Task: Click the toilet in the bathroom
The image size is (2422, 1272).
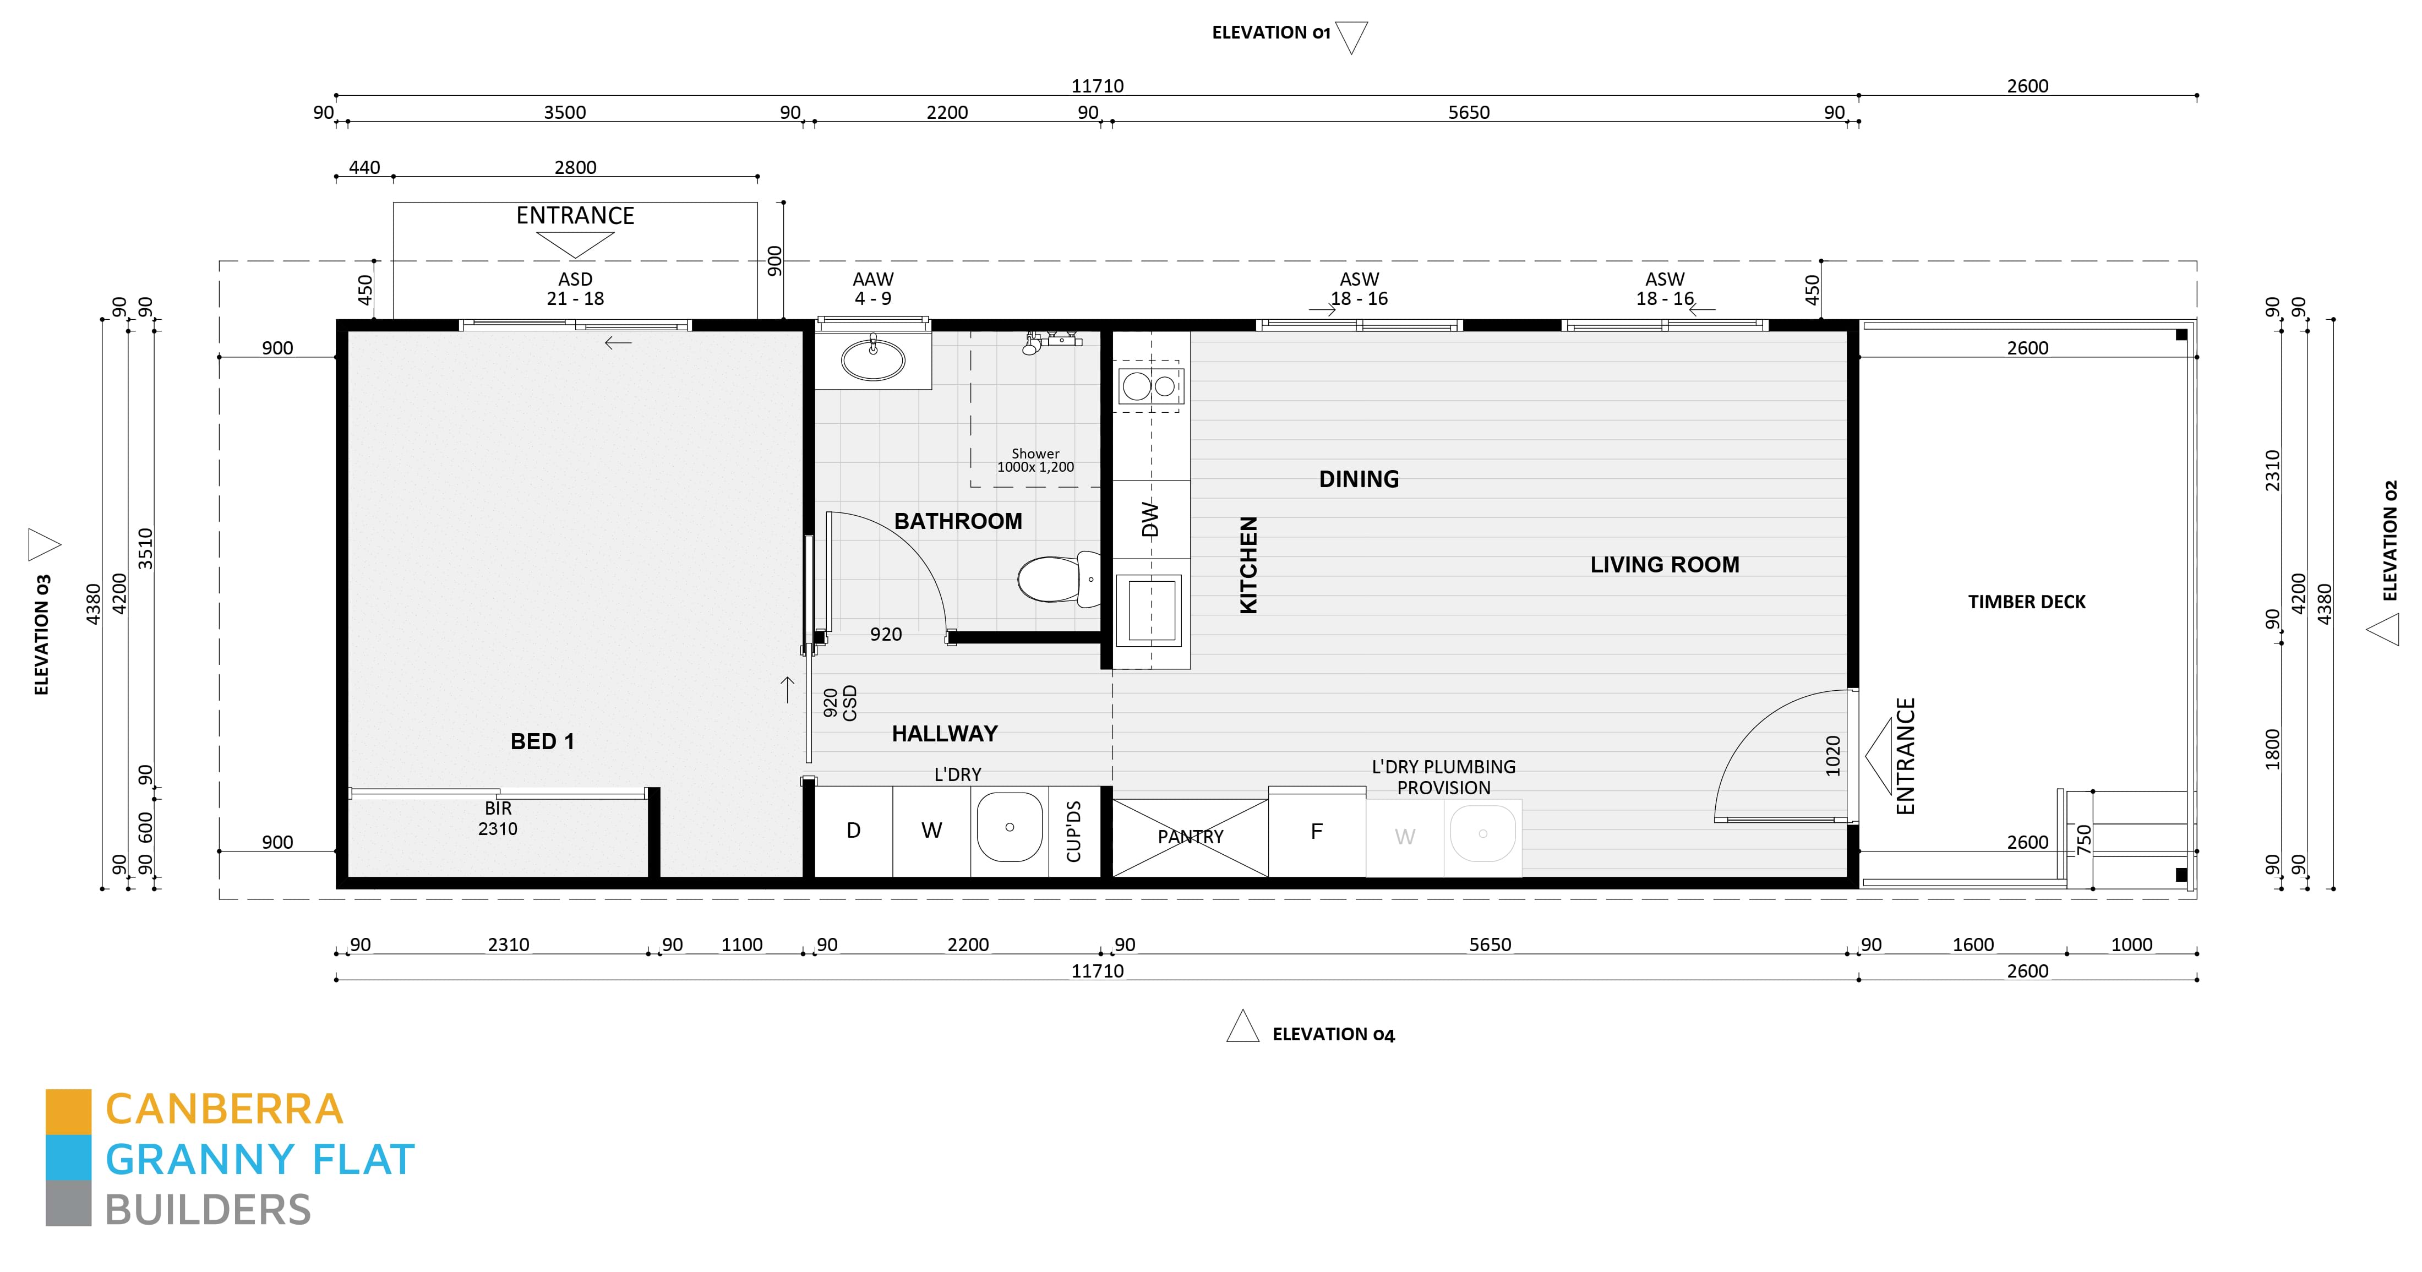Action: (x=1055, y=578)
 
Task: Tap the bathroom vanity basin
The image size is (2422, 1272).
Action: (x=872, y=359)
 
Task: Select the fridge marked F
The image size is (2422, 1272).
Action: (x=1316, y=832)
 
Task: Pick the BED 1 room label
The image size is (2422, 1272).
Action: (x=542, y=742)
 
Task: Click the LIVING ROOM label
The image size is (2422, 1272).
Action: (x=1664, y=565)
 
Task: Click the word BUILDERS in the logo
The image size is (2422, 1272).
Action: (x=208, y=1210)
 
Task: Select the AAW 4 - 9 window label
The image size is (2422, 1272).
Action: (x=872, y=288)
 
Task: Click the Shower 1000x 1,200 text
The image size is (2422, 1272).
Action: (x=1035, y=460)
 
